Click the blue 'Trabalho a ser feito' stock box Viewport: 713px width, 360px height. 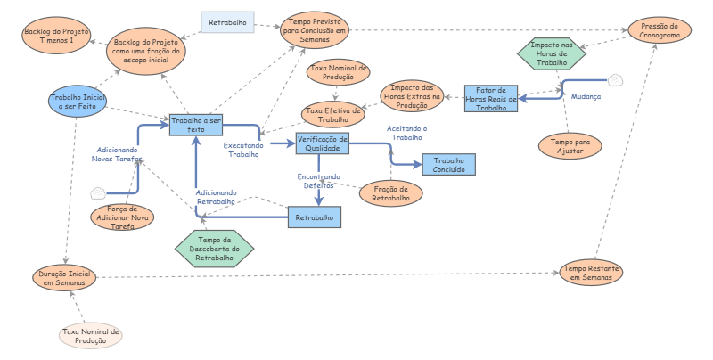click(x=194, y=125)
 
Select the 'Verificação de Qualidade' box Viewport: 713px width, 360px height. click(x=323, y=143)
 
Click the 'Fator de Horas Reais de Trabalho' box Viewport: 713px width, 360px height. click(x=492, y=98)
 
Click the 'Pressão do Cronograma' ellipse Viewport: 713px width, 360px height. click(x=659, y=33)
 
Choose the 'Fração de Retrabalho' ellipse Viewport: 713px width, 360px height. click(x=390, y=192)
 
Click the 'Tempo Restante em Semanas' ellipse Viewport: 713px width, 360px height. click(x=591, y=273)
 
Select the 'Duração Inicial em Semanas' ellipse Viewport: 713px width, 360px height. click(x=63, y=276)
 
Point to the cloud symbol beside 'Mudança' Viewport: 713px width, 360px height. click(x=616, y=80)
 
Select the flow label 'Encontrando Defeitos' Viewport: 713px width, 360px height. click(x=318, y=181)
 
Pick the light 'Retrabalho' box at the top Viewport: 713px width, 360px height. click(x=228, y=21)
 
